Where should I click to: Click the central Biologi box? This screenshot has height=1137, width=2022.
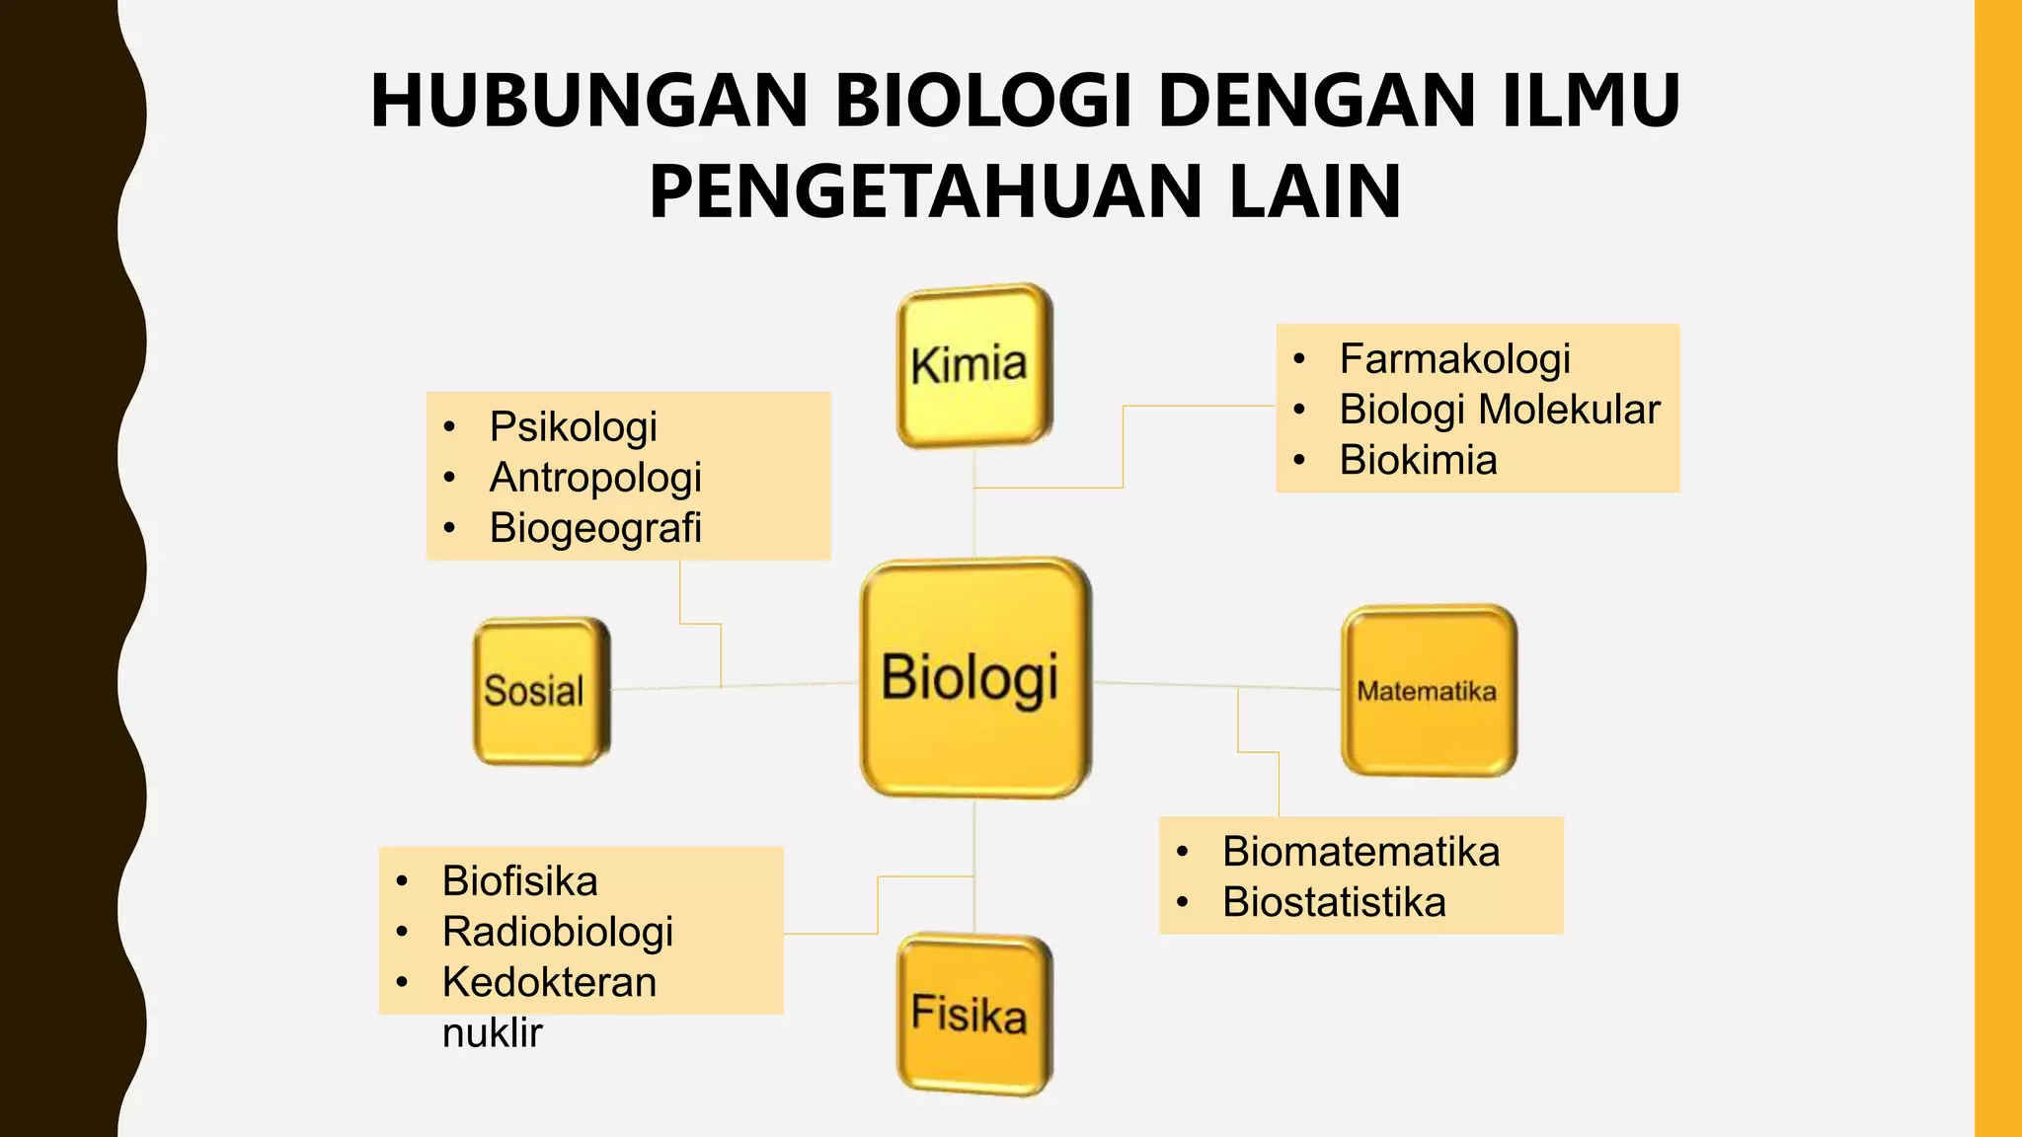(974, 678)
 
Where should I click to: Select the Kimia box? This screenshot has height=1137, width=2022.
(973, 365)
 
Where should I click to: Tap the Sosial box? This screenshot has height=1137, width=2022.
(540, 691)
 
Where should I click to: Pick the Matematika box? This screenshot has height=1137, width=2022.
(1428, 690)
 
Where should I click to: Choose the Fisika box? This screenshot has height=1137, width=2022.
(973, 1014)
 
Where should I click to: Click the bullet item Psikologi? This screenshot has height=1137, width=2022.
(573, 427)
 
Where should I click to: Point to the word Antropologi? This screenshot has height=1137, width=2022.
(595, 478)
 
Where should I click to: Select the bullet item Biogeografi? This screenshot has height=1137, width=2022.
(595, 528)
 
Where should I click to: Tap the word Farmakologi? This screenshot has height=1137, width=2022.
(1454, 359)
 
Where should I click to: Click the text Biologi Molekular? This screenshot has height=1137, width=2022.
(1499, 410)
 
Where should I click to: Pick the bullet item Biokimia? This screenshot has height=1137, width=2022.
(1418, 460)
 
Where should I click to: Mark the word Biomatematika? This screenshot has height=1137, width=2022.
(1361, 852)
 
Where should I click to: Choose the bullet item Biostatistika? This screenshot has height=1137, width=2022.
(1334, 902)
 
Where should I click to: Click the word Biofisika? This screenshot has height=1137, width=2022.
(519, 881)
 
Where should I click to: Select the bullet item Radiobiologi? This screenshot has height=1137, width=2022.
(558, 932)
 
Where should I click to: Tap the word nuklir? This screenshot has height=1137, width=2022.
(492, 1033)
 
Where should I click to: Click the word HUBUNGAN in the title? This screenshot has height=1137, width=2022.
(589, 101)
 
